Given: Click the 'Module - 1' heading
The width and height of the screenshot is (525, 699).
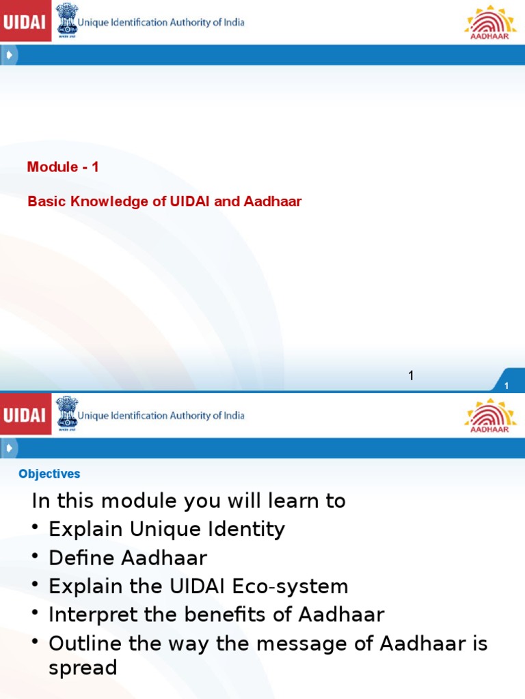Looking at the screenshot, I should point(63,167).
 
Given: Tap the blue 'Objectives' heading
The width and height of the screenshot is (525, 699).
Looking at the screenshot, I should point(49,474).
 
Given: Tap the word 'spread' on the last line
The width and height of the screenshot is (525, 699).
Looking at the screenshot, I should point(83,667).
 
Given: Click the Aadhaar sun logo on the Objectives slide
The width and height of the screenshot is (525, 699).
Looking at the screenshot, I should point(490,414).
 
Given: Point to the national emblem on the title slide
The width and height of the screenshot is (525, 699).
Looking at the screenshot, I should point(66,20).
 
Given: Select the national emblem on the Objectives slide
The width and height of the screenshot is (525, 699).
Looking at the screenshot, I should point(66,414).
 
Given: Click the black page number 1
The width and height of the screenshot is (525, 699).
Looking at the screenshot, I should point(412,375).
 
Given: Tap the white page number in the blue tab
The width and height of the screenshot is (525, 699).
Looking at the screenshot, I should point(507,386).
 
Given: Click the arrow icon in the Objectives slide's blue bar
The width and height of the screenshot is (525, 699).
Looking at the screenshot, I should point(9,448).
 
